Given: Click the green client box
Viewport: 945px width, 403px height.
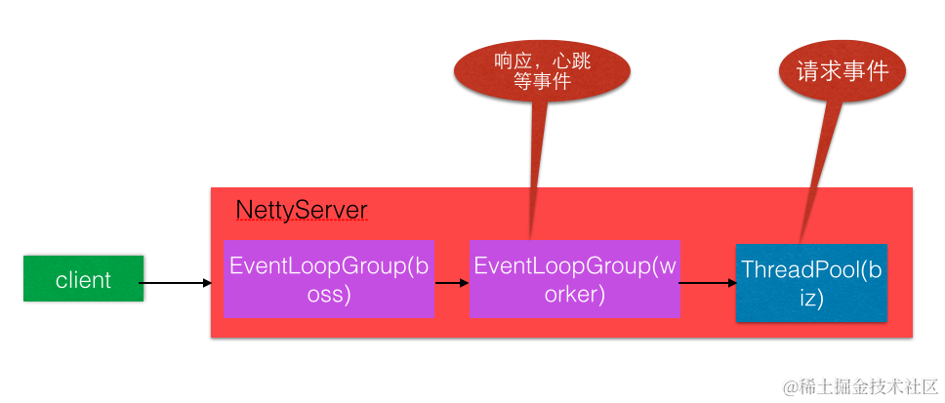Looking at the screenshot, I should pyautogui.click(x=83, y=279).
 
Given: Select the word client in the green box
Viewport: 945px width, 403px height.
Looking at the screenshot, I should pyautogui.click(x=83, y=280).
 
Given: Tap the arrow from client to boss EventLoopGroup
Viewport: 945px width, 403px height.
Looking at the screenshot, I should pyautogui.click(x=176, y=283).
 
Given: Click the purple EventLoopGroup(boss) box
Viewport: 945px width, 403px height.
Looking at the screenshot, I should pyautogui.click(x=329, y=278).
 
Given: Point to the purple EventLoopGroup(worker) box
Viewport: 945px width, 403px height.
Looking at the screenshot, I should pyautogui.click(x=574, y=278).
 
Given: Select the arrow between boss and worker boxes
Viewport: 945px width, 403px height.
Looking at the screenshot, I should pyautogui.click(x=452, y=283).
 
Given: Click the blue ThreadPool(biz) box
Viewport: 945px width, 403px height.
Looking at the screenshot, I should pyautogui.click(x=811, y=283).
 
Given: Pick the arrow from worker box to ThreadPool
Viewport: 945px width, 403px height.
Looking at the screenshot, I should pyautogui.click(x=706, y=283).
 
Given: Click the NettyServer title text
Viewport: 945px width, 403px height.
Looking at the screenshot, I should pyautogui.click(x=302, y=211).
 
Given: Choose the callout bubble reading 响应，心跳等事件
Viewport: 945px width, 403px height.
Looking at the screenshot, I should pyautogui.click(x=543, y=73).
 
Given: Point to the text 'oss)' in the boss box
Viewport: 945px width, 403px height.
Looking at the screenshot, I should pyautogui.click(x=329, y=294).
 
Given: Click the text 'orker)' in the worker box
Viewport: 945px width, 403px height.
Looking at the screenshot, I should pyautogui.click(x=574, y=294).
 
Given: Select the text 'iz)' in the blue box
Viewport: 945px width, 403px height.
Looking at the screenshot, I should pyautogui.click(x=811, y=298).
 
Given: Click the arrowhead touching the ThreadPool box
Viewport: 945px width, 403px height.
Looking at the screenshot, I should pyautogui.click(x=731, y=283).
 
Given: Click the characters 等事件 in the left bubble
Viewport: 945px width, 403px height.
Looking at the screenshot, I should pyautogui.click(x=542, y=84).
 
